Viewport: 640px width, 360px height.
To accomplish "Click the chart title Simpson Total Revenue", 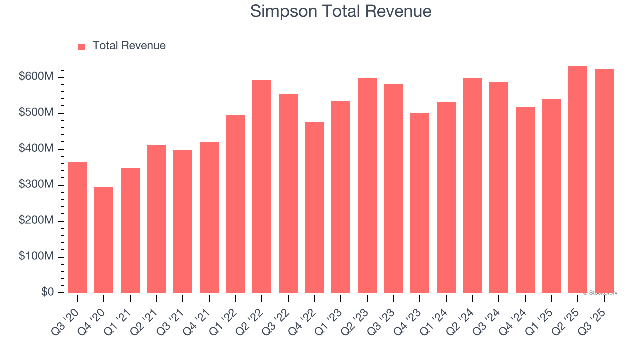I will [341, 11].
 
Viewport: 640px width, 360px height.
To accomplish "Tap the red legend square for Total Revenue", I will [82, 46].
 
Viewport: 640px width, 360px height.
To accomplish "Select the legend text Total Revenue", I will [129, 46].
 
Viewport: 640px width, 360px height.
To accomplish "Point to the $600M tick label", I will [36, 77].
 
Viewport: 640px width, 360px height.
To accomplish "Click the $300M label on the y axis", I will [36, 185].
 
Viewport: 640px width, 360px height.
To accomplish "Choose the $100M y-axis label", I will [36, 256].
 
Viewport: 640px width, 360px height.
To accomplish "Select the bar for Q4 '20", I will [104, 240].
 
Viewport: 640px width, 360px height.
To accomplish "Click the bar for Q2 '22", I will [262, 186].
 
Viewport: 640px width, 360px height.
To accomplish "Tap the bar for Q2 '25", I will [578, 180].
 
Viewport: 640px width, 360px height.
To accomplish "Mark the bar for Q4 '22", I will [315, 207].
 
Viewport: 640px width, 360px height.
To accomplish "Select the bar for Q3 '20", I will [78, 227].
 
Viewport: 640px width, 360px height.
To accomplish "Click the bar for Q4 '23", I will [420, 203].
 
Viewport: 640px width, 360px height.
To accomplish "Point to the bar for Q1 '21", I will [130, 230].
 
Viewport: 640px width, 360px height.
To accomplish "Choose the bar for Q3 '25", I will [604, 181].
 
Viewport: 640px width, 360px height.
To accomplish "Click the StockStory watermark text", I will [600, 293].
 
